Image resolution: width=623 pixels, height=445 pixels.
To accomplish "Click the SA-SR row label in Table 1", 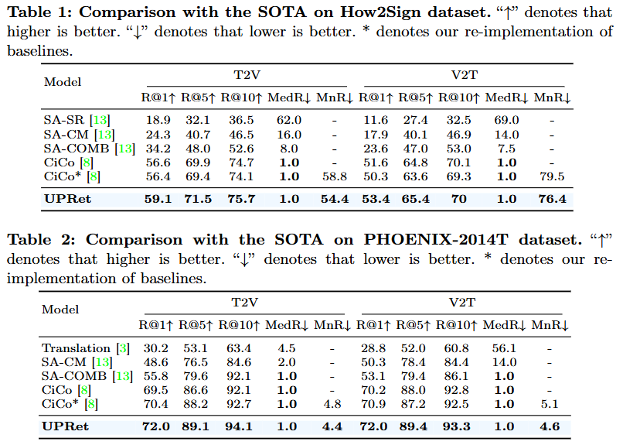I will (x=65, y=121).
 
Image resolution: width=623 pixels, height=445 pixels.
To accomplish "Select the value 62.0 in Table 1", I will (x=288, y=121).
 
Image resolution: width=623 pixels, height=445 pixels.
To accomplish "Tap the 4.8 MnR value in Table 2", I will (x=332, y=403).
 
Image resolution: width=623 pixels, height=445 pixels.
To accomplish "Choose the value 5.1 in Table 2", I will (x=550, y=403).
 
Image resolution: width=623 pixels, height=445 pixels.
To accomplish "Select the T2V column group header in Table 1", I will (x=247, y=75).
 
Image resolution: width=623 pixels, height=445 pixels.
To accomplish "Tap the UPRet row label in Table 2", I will (x=66, y=426).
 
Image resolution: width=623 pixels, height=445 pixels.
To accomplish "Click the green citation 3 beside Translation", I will (x=122, y=348).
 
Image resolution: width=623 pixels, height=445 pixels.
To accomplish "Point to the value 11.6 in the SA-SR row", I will (x=376, y=121).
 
